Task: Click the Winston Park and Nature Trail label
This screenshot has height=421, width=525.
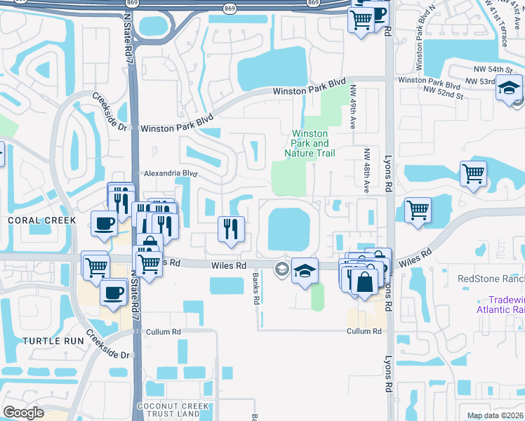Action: click(310, 143)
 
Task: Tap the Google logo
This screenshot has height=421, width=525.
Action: click(23, 413)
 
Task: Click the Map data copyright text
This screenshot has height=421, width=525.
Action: click(496, 415)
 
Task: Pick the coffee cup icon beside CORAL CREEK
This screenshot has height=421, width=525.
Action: click(104, 224)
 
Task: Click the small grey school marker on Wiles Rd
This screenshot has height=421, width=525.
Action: click(282, 268)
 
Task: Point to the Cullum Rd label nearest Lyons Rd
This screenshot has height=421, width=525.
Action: click(364, 331)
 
